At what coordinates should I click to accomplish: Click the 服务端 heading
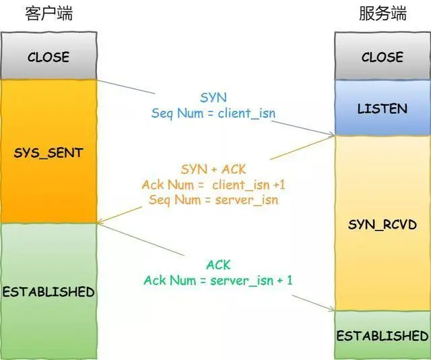click(x=382, y=13)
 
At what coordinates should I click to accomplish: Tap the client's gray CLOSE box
click(x=48, y=57)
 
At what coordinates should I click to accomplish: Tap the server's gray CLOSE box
click(x=382, y=57)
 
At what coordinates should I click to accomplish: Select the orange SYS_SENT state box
click(x=48, y=152)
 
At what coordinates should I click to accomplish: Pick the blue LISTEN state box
click(x=382, y=108)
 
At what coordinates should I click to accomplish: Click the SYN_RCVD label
click(x=382, y=224)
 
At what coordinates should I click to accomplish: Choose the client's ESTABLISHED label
click(x=48, y=292)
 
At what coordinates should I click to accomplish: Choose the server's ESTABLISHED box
click(x=382, y=335)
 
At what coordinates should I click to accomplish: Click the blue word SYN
click(x=213, y=98)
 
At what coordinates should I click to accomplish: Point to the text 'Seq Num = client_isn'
click(x=213, y=113)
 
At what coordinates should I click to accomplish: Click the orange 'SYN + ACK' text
click(x=214, y=169)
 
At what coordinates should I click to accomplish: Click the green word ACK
click(x=218, y=264)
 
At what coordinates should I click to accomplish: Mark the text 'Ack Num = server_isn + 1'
click(x=218, y=279)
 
